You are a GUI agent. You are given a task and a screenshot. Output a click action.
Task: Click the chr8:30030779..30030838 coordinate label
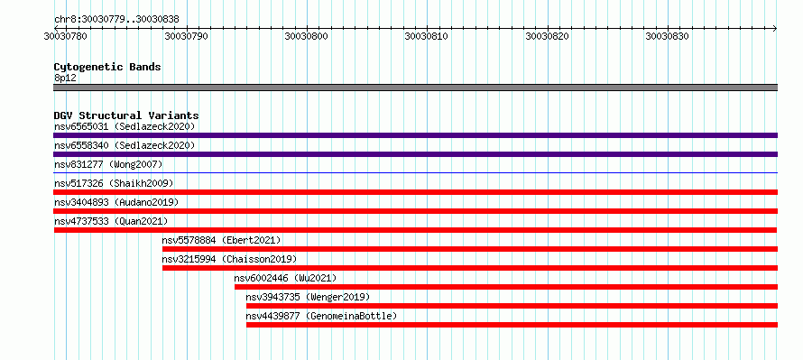tap(116, 20)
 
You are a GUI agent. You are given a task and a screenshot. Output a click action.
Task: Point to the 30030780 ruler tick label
tap(65, 36)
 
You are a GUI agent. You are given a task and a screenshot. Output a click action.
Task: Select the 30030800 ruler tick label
tap(306, 36)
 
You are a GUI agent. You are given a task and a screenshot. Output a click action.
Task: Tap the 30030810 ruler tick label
tap(427, 36)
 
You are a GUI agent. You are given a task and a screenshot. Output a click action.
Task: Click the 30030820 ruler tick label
tap(548, 36)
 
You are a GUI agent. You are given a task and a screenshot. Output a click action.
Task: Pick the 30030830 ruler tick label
tap(668, 36)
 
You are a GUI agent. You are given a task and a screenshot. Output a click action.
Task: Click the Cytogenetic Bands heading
tap(107, 67)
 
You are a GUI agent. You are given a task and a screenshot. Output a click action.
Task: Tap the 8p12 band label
tap(65, 78)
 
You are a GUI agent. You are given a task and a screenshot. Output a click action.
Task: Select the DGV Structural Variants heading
tap(126, 115)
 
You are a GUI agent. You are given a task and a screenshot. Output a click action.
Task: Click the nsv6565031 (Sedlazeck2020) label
tap(125, 126)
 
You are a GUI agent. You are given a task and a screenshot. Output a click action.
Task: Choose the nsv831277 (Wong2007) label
tap(108, 164)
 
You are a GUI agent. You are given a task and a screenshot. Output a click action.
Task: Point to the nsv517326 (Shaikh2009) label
tap(114, 183)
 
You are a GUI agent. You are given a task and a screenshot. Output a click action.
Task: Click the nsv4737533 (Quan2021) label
tap(111, 221)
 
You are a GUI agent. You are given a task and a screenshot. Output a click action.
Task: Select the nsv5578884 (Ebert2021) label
tap(221, 240)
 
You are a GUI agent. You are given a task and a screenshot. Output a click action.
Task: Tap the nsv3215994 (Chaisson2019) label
tap(229, 259)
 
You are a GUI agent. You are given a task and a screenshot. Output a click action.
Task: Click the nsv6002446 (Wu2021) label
tap(285, 278)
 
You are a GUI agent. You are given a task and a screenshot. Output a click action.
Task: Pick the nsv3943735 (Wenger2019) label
tap(308, 297)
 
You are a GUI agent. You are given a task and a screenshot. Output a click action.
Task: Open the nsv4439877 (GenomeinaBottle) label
tap(321, 316)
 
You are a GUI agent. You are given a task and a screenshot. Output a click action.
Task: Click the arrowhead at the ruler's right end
tap(775, 28)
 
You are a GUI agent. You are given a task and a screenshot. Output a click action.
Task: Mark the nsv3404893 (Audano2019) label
tap(116, 202)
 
